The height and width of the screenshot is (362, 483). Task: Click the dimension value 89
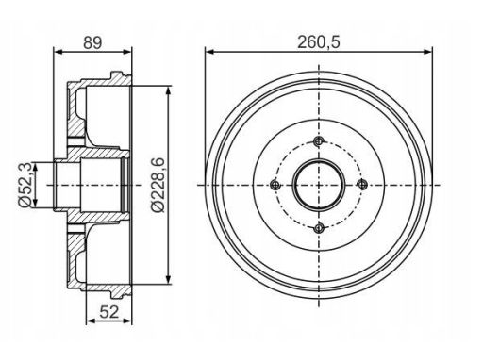coord(92,42)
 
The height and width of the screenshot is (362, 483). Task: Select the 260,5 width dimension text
coord(319,42)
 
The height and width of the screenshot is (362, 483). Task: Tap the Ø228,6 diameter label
coord(158,185)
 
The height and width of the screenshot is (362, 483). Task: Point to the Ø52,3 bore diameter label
coord(25,185)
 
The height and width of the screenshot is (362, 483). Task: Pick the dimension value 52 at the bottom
coord(109,312)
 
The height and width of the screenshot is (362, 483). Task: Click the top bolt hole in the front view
coord(319,141)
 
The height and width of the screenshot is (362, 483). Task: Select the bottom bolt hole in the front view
coord(319,228)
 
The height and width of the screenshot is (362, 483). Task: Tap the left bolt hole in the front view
coord(275,185)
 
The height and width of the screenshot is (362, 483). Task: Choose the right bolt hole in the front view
coord(362,185)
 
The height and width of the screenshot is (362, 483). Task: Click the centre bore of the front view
coord(319,185)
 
